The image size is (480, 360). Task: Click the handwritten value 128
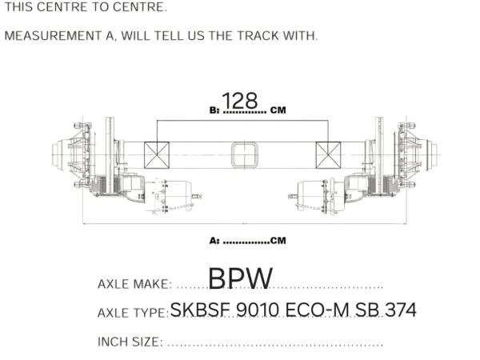(x=240, y=101)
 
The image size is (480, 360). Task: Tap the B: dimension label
(x=214, y=110)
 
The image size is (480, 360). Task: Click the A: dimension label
(x=214, y=241)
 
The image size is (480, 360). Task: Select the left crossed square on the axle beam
(x=157, y=155)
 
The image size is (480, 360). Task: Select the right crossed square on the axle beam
(x=328, y=155)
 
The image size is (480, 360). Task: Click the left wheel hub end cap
(x=58, y=154)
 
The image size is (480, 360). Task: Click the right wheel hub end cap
(x=432, y=154)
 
